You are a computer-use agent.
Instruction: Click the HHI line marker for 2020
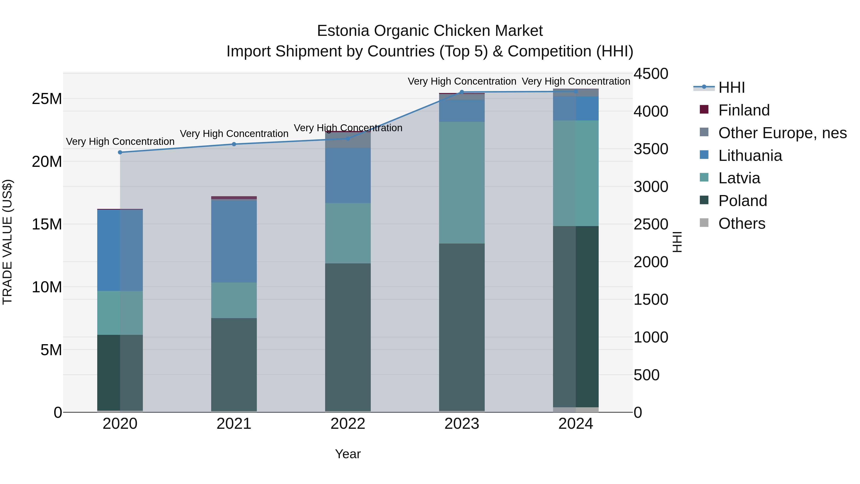click(x=120, y=152)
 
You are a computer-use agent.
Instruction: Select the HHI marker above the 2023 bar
click(x=462, y=92)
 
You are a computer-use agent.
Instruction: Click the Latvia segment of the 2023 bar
click(x=462, y=182)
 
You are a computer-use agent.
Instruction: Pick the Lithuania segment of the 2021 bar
click(x=234, y=241)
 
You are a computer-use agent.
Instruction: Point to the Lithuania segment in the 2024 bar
click(x=576, y=108)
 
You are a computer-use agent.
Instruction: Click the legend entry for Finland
click(x=744, y=110)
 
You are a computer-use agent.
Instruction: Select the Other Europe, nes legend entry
click(x=782, y=133)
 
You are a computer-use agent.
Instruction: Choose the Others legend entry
click(x=742, y=223)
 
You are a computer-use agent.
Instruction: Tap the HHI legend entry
click(x=731, y=87)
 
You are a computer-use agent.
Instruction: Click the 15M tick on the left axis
click(x=47, y=224)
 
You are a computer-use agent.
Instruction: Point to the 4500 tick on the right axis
click(x=651, y=74)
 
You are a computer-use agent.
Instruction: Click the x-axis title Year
click(x=348, y=454)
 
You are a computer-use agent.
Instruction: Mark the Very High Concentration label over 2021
click(x=234, y=134)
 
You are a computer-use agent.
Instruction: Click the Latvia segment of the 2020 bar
click(x=120, y=313)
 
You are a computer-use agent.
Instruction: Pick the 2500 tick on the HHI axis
click(x=651, y=224)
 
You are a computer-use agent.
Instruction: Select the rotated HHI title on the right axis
click(x=677, y=242)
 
